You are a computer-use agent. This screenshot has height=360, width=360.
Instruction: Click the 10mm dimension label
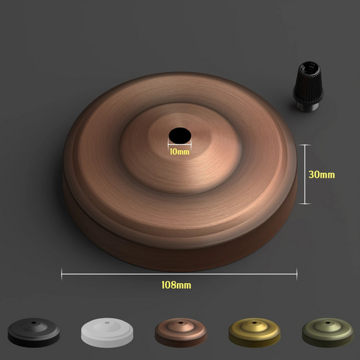pos(180,152)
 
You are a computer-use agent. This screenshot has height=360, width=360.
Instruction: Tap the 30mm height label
pos(322,175)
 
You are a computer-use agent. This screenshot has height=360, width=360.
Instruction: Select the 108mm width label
pos(176,285)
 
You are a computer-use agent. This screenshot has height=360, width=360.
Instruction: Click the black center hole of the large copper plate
pos(180,136)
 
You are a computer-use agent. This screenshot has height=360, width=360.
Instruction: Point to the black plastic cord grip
pos(308,86)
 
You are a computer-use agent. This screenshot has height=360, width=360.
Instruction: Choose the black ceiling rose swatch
pos(34,332)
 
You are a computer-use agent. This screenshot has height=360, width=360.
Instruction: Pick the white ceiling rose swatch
pos(107,332)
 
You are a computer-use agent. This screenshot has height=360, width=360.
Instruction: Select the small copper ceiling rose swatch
pos(181,332)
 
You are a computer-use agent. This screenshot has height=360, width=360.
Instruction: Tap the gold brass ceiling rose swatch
pos(255,332)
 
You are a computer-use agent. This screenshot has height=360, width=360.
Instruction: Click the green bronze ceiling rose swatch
pos(328,332)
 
